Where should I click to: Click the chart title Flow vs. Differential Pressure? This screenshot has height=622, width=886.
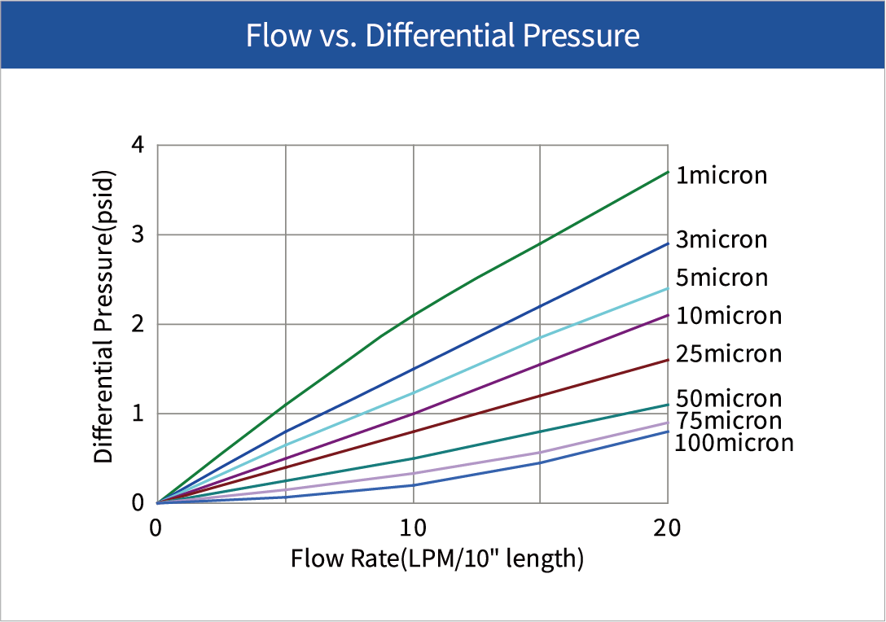coord(442,36)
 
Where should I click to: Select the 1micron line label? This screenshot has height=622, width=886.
coord(722,175)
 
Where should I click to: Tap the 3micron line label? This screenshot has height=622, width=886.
coord(722,240)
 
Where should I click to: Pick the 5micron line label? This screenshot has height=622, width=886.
coord(722,278)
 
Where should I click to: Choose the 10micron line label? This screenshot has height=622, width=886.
coord(729,316)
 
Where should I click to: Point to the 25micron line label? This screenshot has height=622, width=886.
coord(729,354)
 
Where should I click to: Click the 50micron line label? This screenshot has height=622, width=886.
coord(729,399)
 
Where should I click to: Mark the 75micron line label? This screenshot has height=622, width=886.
coord(729,421)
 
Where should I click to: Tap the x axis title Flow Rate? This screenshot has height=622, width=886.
coord(437,559)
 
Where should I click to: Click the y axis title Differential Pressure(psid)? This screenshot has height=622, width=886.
coord(103,318)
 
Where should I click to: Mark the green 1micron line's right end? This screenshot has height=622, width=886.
coord(668,172)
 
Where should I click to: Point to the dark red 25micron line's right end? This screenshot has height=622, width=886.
coord(668,360)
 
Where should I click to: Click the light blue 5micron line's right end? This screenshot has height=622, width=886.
coord(668,288)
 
